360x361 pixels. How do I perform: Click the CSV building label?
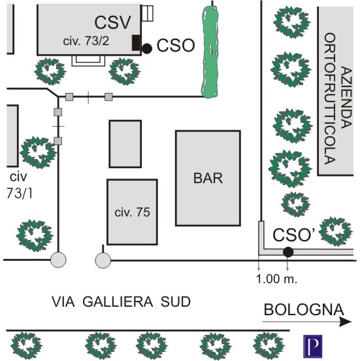(112, 22)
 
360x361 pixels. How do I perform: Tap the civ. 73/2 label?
(86, 41)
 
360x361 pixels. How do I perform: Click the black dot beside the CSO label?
(147, 49)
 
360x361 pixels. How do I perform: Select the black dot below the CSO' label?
(288, 252)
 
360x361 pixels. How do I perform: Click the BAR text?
(208, 178)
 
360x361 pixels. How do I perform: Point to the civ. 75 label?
(132, 212)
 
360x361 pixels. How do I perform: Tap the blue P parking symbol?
(312, 346)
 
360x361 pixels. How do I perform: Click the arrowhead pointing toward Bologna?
(346, 322)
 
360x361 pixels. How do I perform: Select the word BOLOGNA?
(304, 309)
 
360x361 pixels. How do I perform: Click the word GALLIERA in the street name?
(118, 301)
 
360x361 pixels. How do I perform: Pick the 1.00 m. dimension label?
(276, 279)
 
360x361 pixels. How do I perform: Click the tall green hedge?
(210, 52)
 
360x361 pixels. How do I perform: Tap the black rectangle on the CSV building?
(136, 43)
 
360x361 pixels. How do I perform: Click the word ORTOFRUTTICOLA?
(330, 99)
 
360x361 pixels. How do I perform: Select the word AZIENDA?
(346, 97)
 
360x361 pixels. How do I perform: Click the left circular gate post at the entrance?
(58, 260)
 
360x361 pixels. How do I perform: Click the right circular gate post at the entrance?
(103, 260)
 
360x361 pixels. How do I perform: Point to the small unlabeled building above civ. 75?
(125, 144)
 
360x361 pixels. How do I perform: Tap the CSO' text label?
(293, 235)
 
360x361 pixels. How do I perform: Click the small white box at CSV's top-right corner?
(147, 13)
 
